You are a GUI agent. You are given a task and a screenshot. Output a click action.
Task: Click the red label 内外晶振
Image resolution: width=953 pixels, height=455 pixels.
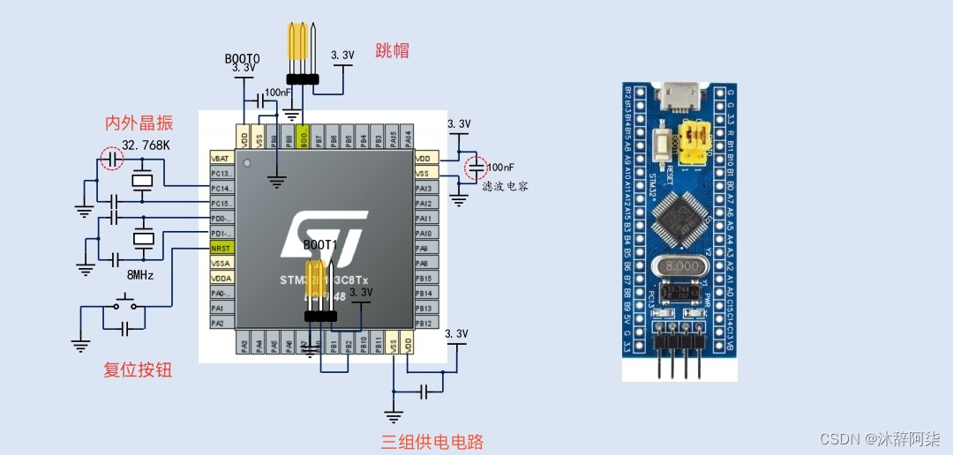pos(139,123)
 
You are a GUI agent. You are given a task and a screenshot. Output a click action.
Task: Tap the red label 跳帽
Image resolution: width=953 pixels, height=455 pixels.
pos(392,50)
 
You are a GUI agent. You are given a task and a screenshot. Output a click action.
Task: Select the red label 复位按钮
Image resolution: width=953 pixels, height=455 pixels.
pos(138,369)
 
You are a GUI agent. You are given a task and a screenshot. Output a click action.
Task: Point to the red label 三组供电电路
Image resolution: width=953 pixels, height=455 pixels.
pos(432,441)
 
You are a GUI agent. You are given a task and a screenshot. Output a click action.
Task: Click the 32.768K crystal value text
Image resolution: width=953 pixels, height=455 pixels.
pos(146,145)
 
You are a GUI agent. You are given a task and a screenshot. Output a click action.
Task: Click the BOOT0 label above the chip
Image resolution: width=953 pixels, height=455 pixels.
pos(242,58)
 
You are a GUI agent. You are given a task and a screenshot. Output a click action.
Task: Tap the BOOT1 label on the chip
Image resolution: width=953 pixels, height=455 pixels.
pos(320,244)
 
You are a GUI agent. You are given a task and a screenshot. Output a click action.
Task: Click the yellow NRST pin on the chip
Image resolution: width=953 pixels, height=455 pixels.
pos(221,248)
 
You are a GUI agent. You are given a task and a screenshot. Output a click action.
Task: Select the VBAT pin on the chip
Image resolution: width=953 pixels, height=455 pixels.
pos(221,158)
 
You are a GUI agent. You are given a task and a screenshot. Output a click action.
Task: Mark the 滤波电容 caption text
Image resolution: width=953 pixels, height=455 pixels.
pos(505,187)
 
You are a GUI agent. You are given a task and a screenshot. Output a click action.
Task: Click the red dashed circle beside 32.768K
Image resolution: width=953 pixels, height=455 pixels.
pos(111,159)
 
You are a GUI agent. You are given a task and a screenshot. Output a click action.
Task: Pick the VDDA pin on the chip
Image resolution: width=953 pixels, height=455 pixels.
pos(221,278)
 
